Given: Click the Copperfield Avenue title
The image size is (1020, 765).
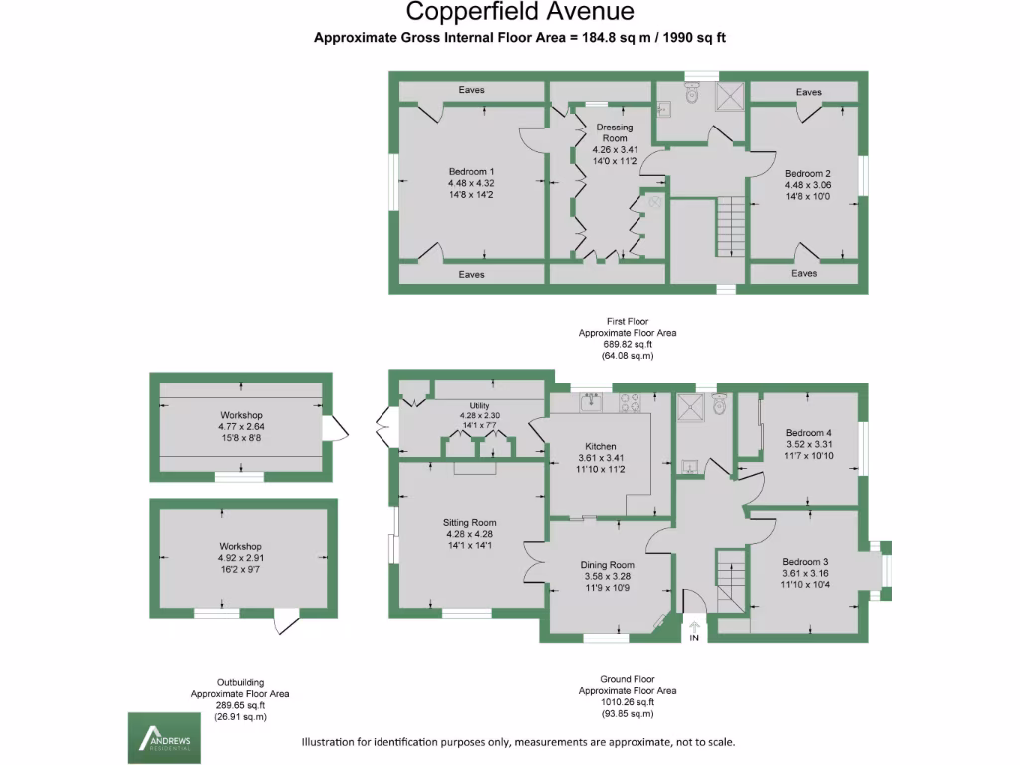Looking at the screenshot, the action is click(x=520, y=12).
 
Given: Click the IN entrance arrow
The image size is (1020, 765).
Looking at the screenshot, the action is click(x=694, y=628).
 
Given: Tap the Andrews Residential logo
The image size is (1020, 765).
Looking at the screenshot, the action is click(x=164, y=738).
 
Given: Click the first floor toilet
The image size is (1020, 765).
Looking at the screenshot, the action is click(x=692, y=93).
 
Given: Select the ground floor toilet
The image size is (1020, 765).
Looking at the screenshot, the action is click(x=719, y=404).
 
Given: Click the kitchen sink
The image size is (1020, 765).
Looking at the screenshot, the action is click(x=591, y=402).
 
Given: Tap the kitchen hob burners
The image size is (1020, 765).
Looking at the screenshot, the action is click(x=630, y=402).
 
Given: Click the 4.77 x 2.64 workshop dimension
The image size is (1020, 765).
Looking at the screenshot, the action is click(x=241, y=426).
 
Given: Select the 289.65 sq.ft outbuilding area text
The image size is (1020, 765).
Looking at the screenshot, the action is click(x=240, y=705).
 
